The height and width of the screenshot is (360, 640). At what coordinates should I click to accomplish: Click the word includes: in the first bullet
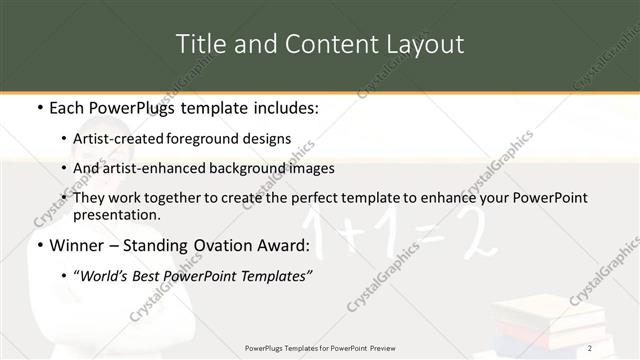(282, 107)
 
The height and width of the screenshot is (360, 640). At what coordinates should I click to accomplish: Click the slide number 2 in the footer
(591, 347)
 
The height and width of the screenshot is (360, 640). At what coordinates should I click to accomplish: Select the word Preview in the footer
(384, 347)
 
